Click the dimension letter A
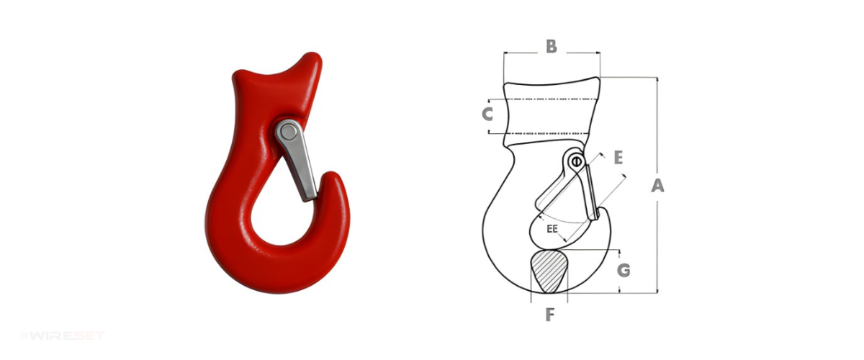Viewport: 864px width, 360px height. [x=657, y=185]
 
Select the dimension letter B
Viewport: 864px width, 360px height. [x=552, y=46]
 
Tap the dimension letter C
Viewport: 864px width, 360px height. [x=487, y=114]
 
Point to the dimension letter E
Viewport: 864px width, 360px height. [x=618, y=158]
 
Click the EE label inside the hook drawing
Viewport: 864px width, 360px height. [x=552, y=229]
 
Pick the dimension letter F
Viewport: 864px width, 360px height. [x=549, y=315]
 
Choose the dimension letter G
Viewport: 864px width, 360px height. [x=624, y=271]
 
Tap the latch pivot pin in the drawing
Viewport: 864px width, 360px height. [x=577, y=161]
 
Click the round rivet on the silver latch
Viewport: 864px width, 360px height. [x=287, y=132]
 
